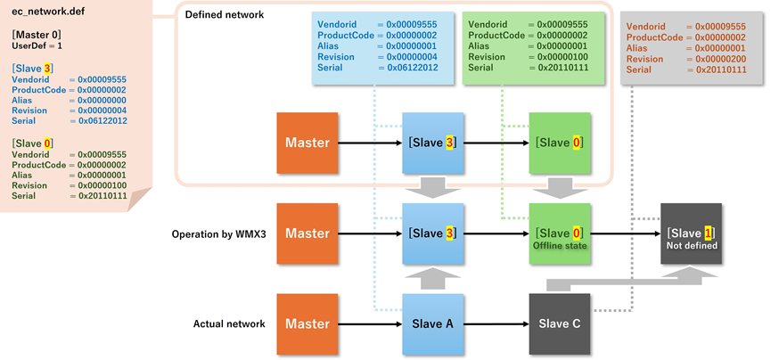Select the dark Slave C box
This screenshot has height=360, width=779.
tap(560, 323)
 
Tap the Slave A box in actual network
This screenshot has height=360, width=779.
tap(433, 323)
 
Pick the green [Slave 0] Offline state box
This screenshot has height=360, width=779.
tap(560, 234)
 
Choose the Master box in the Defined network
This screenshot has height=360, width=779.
tap(307, 143)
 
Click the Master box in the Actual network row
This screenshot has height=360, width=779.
tap(307, 323)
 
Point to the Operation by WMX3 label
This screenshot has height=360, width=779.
tap(218, 234)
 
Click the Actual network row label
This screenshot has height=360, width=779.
tap(230, 323)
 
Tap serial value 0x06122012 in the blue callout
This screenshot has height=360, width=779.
tap(412, 68)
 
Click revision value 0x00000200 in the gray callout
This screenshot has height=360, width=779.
tap(719, 59)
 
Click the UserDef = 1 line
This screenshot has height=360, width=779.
tap(37, 45)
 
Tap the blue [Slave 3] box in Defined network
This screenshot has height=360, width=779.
tap(433, 143)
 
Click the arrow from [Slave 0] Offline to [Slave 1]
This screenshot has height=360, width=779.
tap(625, 234)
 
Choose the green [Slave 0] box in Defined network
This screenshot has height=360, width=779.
tap(560, 143)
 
